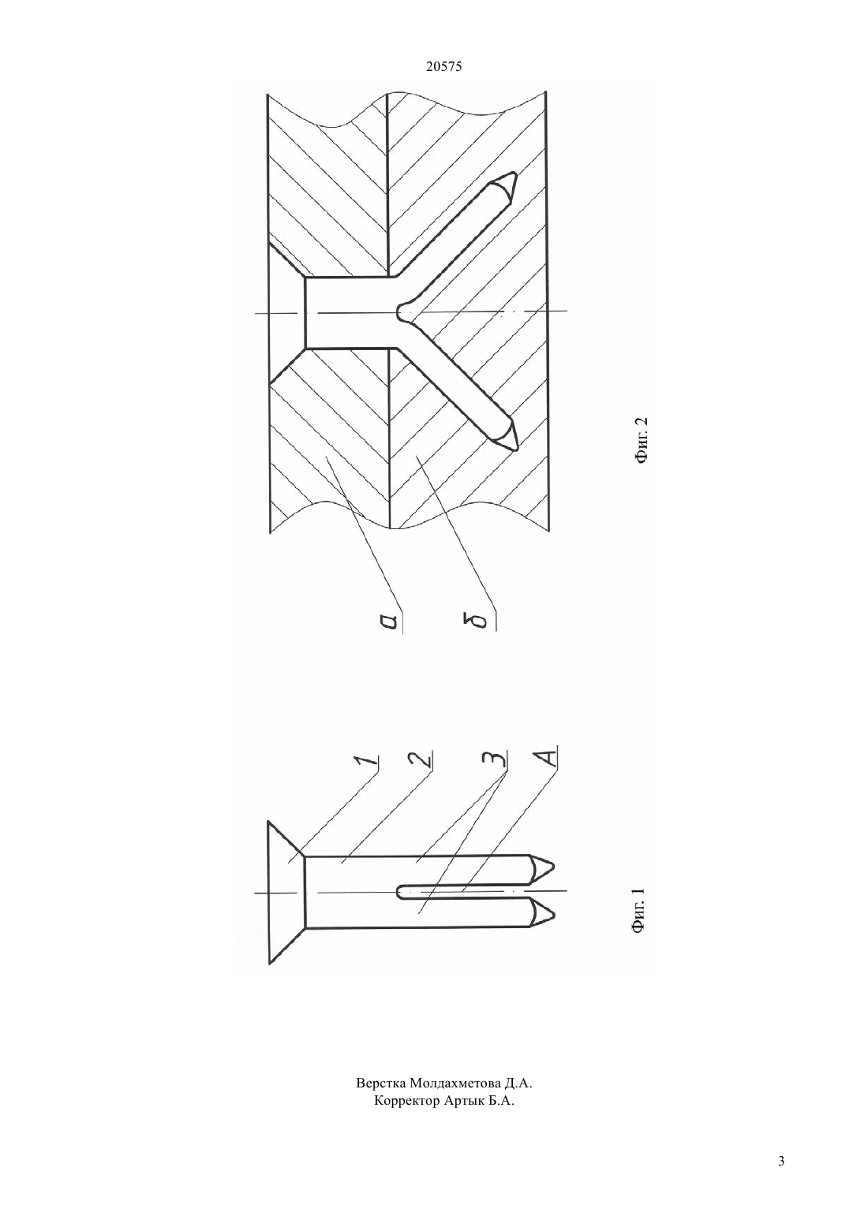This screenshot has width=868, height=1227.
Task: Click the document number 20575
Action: (443, 67)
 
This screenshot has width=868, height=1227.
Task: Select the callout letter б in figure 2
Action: (482, 622)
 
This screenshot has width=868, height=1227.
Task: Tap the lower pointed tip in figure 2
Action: (518, 451)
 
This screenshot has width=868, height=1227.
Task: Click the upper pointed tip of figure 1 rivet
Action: (554, 867)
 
